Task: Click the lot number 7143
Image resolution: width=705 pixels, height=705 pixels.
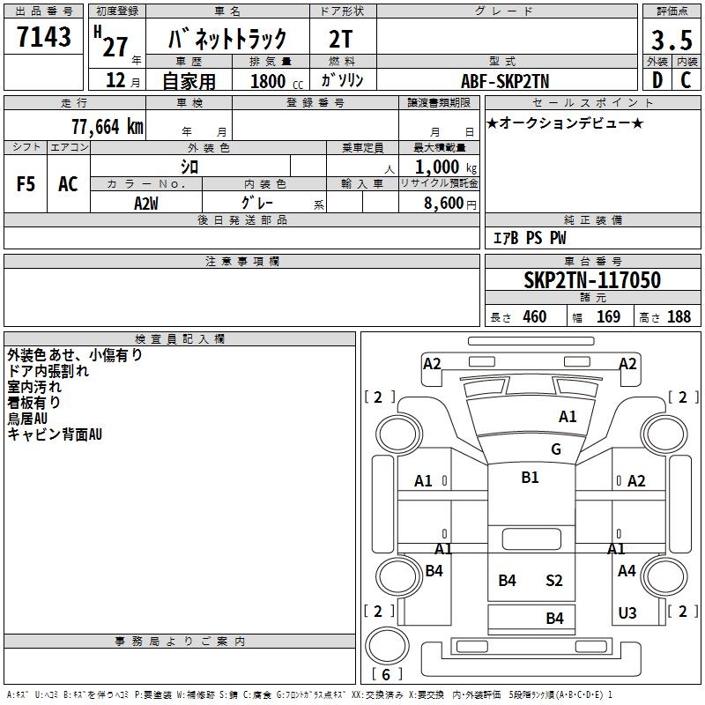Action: (44, 37)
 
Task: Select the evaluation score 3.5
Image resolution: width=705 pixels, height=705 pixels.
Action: (670, 40)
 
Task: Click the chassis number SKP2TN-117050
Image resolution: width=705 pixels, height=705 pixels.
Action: (591, 280)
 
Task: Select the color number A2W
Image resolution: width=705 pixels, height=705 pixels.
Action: (145, 202)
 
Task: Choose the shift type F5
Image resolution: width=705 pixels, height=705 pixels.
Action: (26, 184)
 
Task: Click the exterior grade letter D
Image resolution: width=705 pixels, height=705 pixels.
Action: (657, 81)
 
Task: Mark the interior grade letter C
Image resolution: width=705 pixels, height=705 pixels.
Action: (686, 81)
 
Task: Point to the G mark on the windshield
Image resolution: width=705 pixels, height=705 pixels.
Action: (555, 449)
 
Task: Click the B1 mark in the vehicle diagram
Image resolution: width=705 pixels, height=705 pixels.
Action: (530, 478)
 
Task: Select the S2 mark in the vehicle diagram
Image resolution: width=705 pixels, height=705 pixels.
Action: (553, 581)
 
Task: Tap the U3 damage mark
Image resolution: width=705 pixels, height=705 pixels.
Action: (627, 613)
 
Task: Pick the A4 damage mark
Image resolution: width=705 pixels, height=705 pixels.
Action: (627, 571)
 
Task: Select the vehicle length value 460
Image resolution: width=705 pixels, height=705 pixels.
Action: (534, 317)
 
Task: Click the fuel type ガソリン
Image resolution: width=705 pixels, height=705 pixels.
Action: (343, 81)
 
